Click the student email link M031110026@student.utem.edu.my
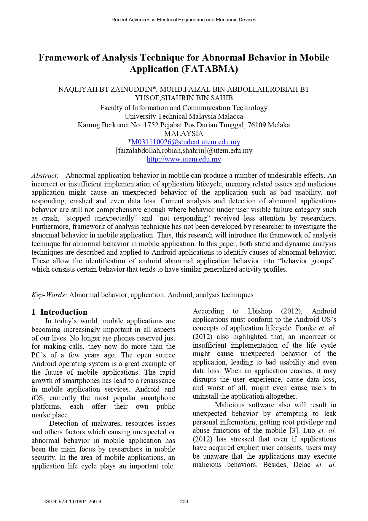coord(186,142)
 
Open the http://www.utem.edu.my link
coord(184,159)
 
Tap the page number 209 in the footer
coord(184,501)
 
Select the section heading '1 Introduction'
coord(60,312)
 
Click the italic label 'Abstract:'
coord(45,175)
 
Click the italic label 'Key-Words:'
coord(49,295)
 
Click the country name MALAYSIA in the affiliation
coord(184,134)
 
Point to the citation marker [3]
coord(294,430)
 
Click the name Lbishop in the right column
coord(260,311)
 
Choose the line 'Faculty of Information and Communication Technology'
coord(184,108)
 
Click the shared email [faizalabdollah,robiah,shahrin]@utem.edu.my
coord(184,151)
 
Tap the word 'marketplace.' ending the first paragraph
coord(50,415)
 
